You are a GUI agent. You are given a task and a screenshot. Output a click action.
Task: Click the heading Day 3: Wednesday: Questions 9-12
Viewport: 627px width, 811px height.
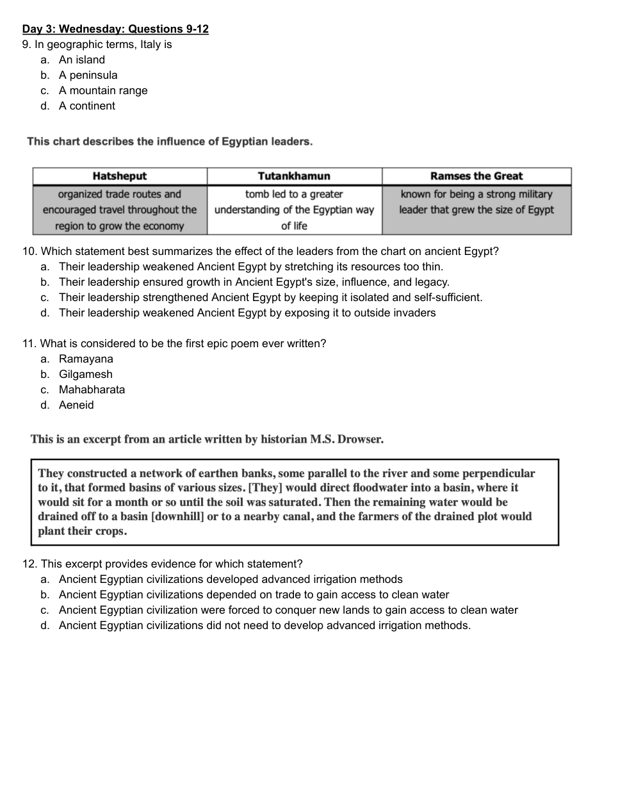115,29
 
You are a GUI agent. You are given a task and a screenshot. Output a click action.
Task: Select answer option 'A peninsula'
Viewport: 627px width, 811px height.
88,75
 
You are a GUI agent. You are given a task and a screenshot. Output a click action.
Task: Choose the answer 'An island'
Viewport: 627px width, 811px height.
81,60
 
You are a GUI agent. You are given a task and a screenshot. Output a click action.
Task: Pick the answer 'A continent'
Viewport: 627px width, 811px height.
86,106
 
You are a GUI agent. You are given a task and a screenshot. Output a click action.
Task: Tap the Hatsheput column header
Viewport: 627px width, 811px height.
120,176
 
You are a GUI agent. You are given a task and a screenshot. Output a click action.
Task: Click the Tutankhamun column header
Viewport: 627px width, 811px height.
294,176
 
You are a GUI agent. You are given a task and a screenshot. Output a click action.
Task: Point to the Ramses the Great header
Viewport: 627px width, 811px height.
476,176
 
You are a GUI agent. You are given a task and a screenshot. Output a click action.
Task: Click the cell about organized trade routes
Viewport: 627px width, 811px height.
120,210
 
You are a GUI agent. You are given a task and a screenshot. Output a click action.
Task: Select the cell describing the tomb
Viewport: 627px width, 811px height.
294,210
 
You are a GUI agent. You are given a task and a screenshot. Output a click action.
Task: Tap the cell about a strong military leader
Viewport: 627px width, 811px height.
476,202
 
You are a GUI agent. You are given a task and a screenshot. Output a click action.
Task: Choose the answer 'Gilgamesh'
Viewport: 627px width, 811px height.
85,374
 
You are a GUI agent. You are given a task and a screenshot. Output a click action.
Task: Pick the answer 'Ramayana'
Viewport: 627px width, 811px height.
86,359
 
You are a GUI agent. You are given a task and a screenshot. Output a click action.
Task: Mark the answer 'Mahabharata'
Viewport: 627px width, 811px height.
92,389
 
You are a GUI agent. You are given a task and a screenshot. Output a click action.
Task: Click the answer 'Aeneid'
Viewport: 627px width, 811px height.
76,405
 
